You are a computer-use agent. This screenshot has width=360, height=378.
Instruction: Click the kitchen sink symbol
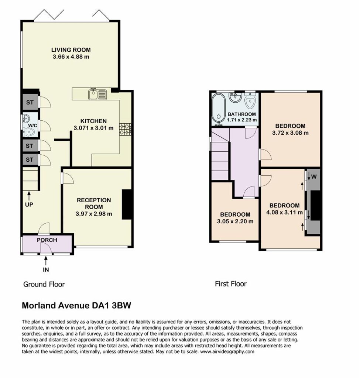[x=97, y=94]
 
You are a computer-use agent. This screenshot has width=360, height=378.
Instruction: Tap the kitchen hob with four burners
[x=126, y=129]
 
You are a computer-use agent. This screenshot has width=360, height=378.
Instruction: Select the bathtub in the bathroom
[x=219, y=109]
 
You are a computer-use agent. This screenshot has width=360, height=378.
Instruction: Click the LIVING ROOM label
[x=71, y=50]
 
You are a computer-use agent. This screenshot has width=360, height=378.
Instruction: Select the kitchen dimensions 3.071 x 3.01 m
[x=93, y=128]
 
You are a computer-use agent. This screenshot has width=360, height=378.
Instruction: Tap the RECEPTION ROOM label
[x=94, y=203]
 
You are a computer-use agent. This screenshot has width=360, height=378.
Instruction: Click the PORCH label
[x=47, y=240]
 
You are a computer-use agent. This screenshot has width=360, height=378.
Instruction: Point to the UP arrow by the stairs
[x=29, y=196]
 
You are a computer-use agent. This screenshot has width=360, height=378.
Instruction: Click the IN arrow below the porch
[x=46, y=261]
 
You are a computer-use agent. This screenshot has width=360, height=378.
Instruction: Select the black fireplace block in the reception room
[x=127, y=205]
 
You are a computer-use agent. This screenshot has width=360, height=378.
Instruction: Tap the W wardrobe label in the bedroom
[x=313, y=177]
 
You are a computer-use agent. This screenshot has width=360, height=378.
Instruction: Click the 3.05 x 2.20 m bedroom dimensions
[x=235, y=221]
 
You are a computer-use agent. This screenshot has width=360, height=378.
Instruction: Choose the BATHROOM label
[x=241, y=114]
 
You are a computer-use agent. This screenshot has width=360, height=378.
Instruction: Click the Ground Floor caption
[x=44, y=284]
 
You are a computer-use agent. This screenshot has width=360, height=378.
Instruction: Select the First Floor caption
[x=231, y=284]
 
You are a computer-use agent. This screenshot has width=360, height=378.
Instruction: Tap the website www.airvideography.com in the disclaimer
[x=227, y=351]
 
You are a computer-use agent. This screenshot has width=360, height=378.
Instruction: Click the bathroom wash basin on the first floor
[x=235, y=97]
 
